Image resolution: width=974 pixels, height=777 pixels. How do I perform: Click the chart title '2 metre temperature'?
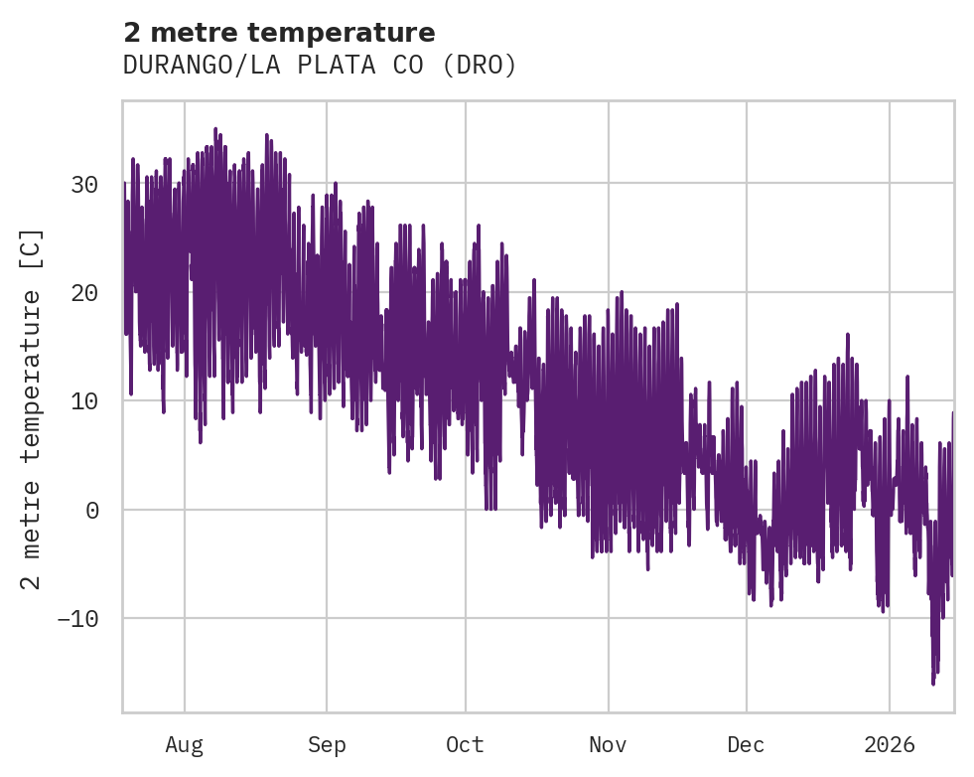279,33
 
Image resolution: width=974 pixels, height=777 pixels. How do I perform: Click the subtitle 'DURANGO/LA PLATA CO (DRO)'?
320,66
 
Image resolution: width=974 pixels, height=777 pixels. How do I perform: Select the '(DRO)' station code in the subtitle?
480,66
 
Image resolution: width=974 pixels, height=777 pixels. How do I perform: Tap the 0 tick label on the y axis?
91,511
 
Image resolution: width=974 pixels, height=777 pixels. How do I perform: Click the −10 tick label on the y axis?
77,619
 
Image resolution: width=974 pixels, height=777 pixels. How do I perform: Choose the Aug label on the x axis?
184,745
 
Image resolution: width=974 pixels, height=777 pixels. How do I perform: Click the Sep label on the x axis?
326,745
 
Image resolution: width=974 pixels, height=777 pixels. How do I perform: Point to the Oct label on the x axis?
465,745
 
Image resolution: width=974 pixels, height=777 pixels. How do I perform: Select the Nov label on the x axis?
608,745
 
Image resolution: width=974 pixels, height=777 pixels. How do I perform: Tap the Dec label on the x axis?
746,745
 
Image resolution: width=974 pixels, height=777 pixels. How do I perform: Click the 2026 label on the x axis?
889,745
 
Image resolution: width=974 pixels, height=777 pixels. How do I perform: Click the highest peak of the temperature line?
215,129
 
